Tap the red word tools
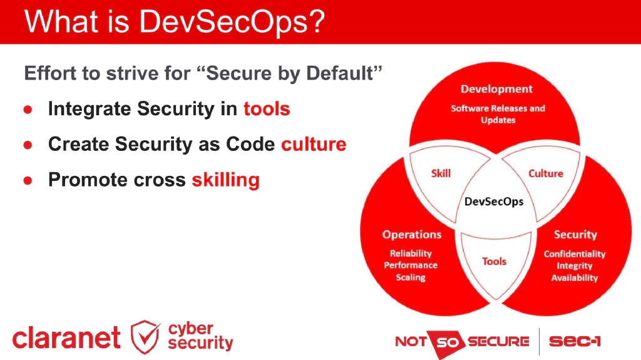[267, 109]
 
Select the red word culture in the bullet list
[314, 145]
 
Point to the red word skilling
[225, 180]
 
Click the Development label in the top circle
[496, 89]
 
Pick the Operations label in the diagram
[412, 235]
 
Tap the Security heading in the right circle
[575, 235]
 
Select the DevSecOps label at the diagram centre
[494, 202]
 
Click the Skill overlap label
[441, 173]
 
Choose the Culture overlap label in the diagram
[546, 173]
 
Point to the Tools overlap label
[494, 261]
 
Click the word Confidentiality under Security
[575, 254]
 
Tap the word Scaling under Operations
[411, 277]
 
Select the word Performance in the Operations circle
[411, 265]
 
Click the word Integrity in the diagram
[575, 266]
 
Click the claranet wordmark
[66, 338]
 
